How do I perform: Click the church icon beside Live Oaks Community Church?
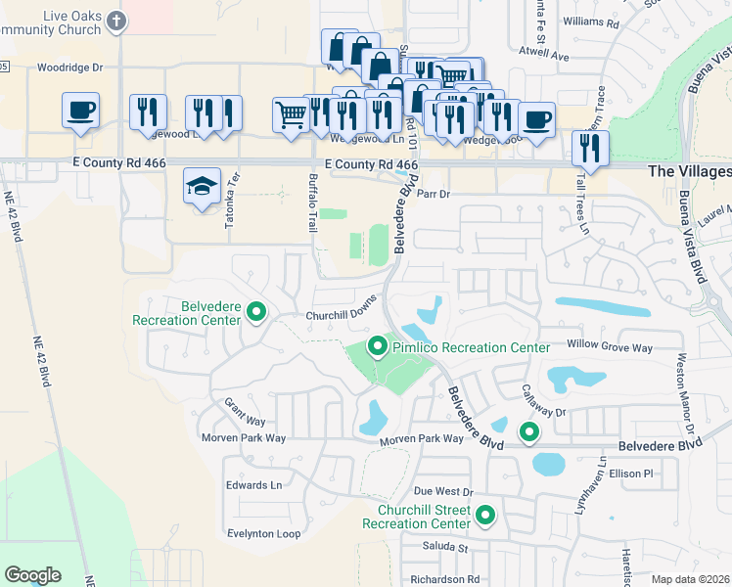(117, 21)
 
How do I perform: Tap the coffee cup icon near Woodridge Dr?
(79, 110)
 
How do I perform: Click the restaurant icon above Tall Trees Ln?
(589, 147)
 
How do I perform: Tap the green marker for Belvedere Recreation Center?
(256, 312)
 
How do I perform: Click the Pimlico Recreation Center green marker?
(377, 346)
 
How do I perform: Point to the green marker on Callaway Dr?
(529, 431)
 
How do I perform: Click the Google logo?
(32, 575)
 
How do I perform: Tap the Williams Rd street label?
(593, 22)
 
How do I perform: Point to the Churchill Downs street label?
(341, 315)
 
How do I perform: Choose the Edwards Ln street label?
(253, 485)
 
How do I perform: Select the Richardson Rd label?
(445, 580)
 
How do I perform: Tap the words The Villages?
(689, 171)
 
